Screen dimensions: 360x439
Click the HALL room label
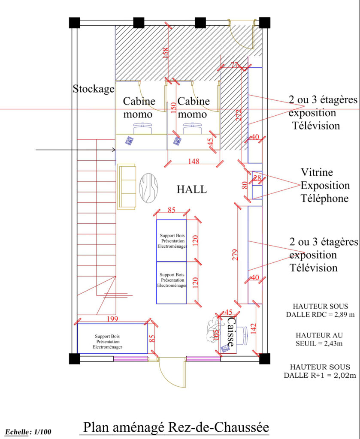pyautogui.click(x=192, y=189)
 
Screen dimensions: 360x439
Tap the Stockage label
pyautogui.click(x=94, y=89)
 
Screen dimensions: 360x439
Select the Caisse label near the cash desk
pyautogui.click(x=230, y=331)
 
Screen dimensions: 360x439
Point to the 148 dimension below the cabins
pyautogui.click(x=194, y=161)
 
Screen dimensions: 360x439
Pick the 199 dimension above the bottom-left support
pyautogui.click(x=112, y=319)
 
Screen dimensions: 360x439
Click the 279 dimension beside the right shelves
pyautogui.click(x=235, y=255)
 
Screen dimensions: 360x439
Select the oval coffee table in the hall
pyautogui.click(x=148, y=188)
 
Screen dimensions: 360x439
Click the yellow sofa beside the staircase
pyautogui.click(x=127, y=187)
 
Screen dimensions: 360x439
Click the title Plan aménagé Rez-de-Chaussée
pyautogui.click(x=176, y=427)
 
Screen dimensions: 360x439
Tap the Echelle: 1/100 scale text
pyautogui.click(x=28, y=432)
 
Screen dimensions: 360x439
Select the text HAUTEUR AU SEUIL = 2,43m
pyautogui.click(x=319, y=339)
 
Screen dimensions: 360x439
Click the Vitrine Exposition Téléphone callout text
pyautogui.click(x=325, y=185)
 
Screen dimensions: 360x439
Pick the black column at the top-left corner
pyautogui.click(x=75, y=23)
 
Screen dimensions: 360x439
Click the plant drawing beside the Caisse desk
pyautogui.click(x=214, y=329)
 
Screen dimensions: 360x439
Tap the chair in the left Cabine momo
pyautogui.click(x=143, y=128)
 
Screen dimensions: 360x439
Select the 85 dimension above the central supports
pyautogui.click(x=172, y=210)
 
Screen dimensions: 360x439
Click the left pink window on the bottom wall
pyautogui.click(x=130, y=359)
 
